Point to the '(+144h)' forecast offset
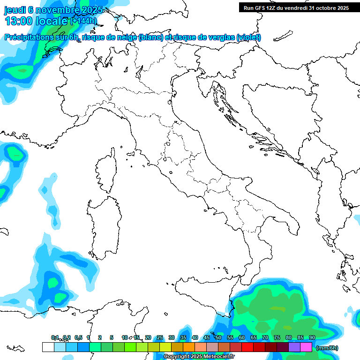[x=83, y=21]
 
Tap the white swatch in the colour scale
[x=48, y=347]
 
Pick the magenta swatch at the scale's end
[x=306, y=347]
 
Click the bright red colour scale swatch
[x=247, y=347]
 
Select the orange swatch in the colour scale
[x=188, y=347]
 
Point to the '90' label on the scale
[x=312, y=337]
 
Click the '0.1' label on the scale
[x=55, y=337]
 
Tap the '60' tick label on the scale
[x=241, y=337]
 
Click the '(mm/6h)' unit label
[x=327, y=348]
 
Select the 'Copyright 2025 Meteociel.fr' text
[x=199, y=357]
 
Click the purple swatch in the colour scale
[x=294, y=347]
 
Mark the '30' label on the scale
[x=171, y=337]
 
